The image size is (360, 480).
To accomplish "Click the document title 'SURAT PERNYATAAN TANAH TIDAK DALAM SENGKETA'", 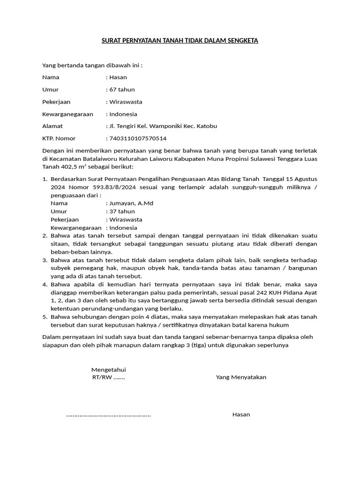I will (x=180, y=41).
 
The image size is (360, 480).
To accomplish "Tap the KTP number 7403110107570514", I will (x=138, y=138).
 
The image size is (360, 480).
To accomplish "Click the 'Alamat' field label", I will (x=52, y=126).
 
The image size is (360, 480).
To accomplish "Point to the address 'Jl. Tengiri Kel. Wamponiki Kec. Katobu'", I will (x=163, y=126).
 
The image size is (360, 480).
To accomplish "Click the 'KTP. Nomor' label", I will (x=59, y=138).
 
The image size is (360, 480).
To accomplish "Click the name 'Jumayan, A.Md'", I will (x=131, y=203).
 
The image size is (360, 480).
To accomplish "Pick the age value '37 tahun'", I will (x=122, y=211).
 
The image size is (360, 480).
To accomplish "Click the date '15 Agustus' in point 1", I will (x=301, y=179).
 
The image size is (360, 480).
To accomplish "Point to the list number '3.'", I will (x=45, y=260).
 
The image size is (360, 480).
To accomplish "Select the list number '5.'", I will (x=45, y=317).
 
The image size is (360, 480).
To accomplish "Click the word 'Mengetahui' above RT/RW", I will (x=108, y=369).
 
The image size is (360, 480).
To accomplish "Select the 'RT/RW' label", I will (x=102, y=377).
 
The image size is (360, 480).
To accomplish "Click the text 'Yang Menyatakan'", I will (x=241, y=377).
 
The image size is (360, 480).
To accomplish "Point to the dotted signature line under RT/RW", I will (x=108, y=414).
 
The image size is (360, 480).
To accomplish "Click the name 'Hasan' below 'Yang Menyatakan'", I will (x=241, y=414).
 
